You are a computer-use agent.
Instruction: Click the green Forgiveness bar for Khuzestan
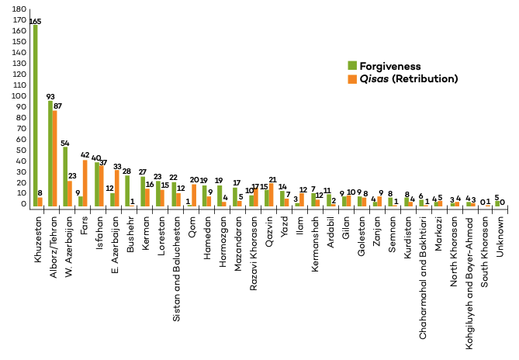click(36, 116)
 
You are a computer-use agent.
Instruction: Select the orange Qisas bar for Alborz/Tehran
click(55, 158)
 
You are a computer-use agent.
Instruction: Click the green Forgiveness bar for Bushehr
click(127, 191)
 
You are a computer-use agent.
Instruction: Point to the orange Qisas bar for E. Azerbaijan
click(116, 189)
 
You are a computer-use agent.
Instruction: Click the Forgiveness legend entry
click(384, 66)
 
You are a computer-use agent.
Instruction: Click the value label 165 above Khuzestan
click(36, 20)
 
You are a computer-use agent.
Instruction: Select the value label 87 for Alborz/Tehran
click(58, 106)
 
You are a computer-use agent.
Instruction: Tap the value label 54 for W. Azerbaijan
click(66, 143)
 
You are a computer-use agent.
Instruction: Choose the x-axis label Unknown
click(500, 232)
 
